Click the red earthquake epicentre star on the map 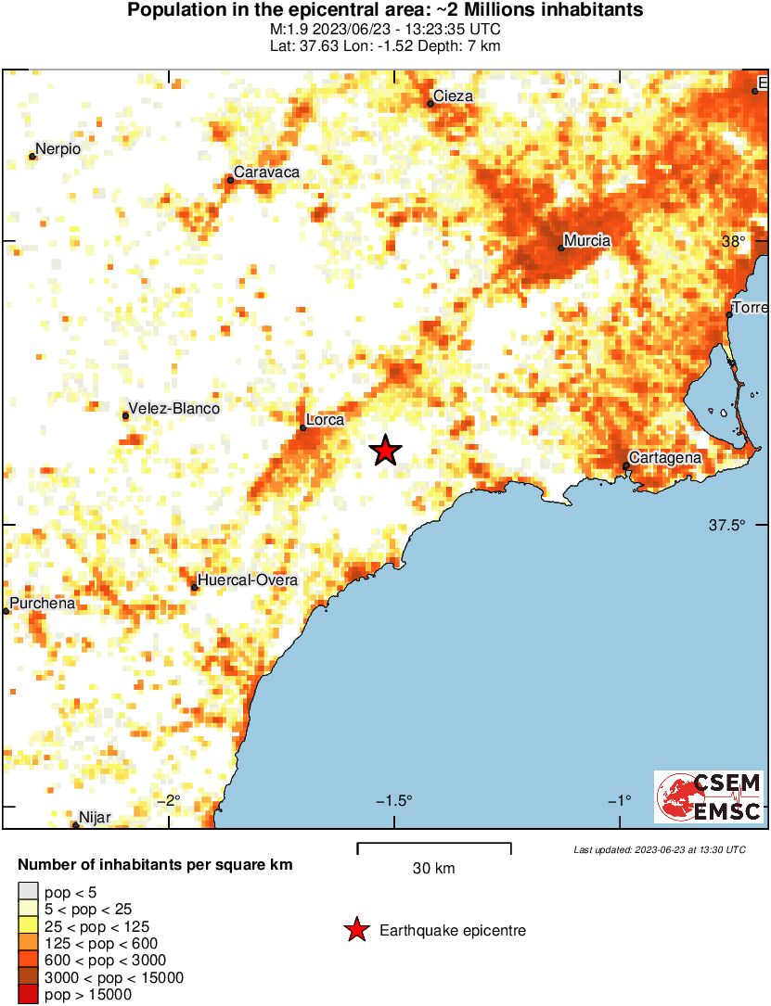pos(385,451)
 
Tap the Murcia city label pos(587,241)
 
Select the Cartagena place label pos(664,457)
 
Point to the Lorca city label pos(325,420)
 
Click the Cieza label pos(455,96)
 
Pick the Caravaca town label pos(266,172)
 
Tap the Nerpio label pos(58,149)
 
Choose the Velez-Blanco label pos(173,408)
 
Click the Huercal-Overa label pos(248,580)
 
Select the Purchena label pos(42,605)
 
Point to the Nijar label pos(96,817)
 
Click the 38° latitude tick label pos(734,241)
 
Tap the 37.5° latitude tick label pos(727,525)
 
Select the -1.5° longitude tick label pos(395,801)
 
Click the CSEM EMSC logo pos(709,796)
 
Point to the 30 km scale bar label pos(433,869)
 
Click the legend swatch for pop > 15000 pos(28,995)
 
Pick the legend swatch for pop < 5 pos(28,892)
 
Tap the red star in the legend pos(355,930)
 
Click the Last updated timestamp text pos(659,849)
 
